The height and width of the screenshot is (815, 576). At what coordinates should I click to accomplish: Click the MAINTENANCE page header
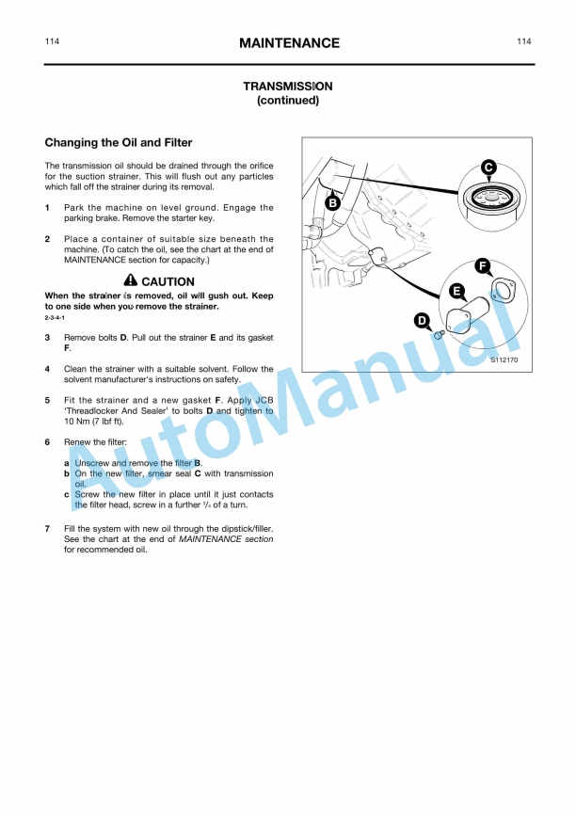[289, 43]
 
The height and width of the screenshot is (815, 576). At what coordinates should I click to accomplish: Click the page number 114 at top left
[53, 41]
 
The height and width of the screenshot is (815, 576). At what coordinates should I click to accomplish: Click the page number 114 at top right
[523, 41]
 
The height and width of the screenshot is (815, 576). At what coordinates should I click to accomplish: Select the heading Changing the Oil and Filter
[119, 143]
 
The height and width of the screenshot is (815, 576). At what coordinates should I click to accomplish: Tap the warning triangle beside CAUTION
[131, 280]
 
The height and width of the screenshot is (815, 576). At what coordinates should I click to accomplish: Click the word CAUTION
[168, 281]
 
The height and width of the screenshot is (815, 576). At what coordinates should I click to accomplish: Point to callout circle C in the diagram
[488, 168]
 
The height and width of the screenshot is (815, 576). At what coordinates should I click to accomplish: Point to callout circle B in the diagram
[332, 202]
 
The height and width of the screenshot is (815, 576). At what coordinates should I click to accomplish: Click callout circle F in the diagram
[481, 265]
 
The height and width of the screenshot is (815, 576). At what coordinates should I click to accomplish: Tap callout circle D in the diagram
[423, 321]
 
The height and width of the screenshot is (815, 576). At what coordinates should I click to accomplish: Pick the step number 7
[48, 529]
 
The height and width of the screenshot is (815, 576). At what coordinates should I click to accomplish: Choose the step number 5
[48, 400]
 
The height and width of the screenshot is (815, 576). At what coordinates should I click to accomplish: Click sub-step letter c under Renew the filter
[66, 494]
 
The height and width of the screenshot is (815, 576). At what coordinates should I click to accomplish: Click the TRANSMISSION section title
[288, 86]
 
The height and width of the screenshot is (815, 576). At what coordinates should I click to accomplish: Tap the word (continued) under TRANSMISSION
[288, 100]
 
